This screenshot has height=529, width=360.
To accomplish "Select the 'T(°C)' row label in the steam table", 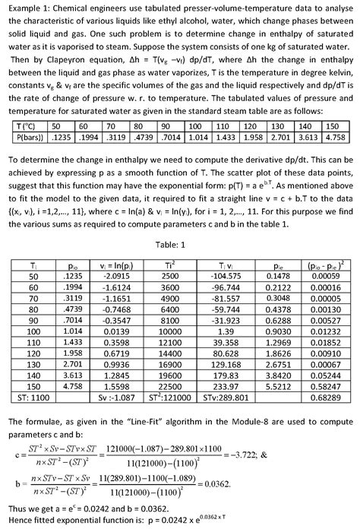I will pos(24,125).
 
